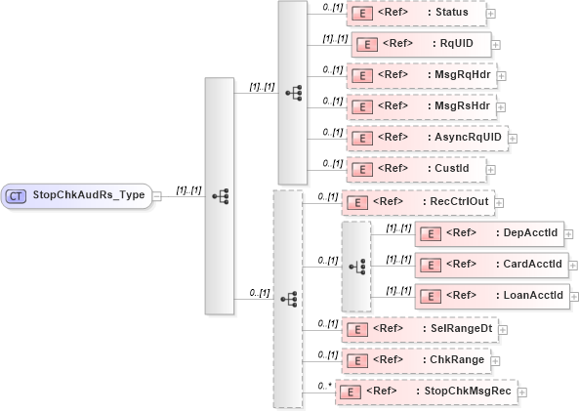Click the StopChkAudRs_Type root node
click(78, 195)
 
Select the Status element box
click(416, 14)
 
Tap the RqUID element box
click(420, 44)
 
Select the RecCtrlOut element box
click(417, 202)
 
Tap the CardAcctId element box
click(490, 264)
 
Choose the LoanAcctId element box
click(490, 295)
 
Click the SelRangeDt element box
click(419, 328)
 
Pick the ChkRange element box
click(415, 359)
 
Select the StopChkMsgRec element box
click(425, 391)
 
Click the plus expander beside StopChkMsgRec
click(522, 392)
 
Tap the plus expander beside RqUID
click(497, 45)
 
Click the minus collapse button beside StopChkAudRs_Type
click(157, 195)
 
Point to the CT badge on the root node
click(17, 195)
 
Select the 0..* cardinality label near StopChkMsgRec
click(325, 386)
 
